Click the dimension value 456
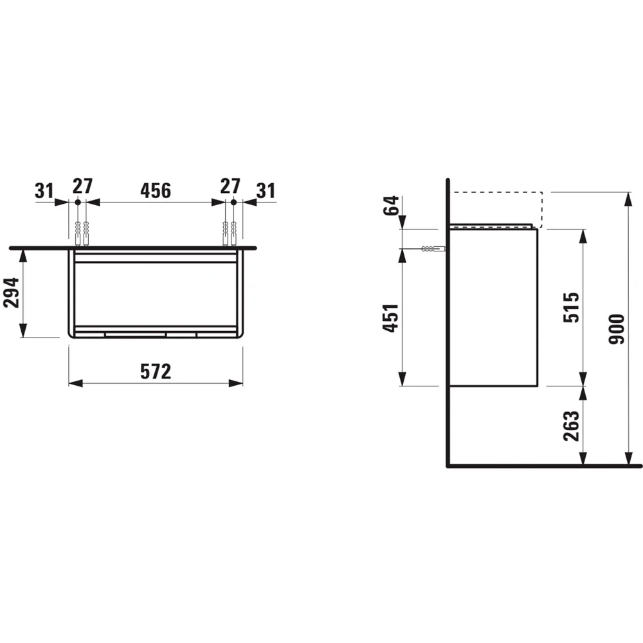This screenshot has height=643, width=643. coord(156,190)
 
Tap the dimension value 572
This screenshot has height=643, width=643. coord(156,371)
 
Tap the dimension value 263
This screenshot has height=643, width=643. coord(572,425)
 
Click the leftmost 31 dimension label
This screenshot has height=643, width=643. coord(44,190)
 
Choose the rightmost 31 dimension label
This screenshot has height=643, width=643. coord(266,190)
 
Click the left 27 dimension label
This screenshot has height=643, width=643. coord(82,186)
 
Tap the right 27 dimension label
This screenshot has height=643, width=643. coord(230,186)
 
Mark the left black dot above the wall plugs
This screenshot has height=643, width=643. coord(78,203)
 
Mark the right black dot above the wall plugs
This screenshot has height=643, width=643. coord(233,203)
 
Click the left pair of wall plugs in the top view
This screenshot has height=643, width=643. coord(81,233)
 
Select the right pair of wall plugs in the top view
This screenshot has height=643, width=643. coord(230,233)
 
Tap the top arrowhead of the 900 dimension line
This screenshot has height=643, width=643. coord(627,197)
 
